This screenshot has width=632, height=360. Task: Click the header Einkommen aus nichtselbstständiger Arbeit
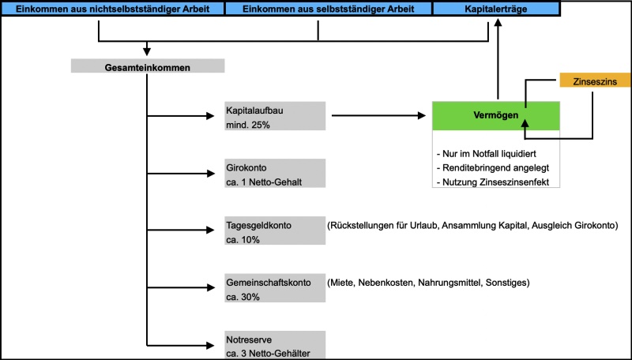112,9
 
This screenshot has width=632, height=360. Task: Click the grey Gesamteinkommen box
147,67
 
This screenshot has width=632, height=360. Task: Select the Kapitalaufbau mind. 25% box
274,115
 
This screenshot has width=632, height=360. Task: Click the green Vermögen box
496,115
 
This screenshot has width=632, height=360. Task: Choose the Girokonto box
274,174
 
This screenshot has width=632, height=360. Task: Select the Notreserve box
274,345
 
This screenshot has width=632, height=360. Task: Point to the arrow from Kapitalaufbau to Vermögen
379,116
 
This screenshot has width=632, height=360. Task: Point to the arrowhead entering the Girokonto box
217,174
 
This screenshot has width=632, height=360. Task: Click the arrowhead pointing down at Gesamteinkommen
147,52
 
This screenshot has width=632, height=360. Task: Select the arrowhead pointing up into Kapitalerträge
498,24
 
